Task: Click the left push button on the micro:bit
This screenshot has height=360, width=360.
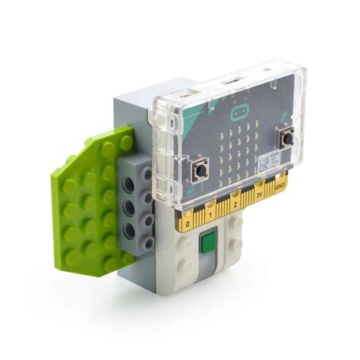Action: (201, 169)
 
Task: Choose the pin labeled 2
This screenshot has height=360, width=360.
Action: (235, 204)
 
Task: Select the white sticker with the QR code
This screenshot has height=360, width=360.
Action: (267, 159)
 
